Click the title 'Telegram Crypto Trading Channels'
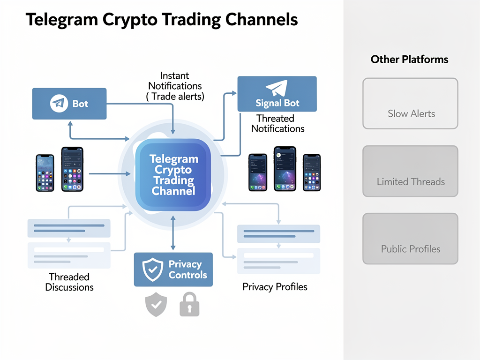click(161, 20)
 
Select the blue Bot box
click(69, 104)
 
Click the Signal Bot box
click(277, 94)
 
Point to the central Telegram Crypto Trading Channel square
click(173, 175)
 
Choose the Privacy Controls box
click(173, 270)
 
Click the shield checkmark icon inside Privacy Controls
click(152, 270)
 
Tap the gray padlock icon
click(189, 305)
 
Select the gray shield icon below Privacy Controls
click(156, 305)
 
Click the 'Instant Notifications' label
click(175, 86)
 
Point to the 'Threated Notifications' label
click(277, 123)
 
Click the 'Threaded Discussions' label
click(69, 282)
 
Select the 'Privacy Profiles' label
click(275, 287)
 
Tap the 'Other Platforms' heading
click(409, 60)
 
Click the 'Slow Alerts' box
click(410, 104)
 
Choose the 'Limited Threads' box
click(410, 171)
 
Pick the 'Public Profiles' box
click(410, 239)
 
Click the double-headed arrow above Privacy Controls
click(173, 233)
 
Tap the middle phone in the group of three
click(285, 168)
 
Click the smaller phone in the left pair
click(45, 172)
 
